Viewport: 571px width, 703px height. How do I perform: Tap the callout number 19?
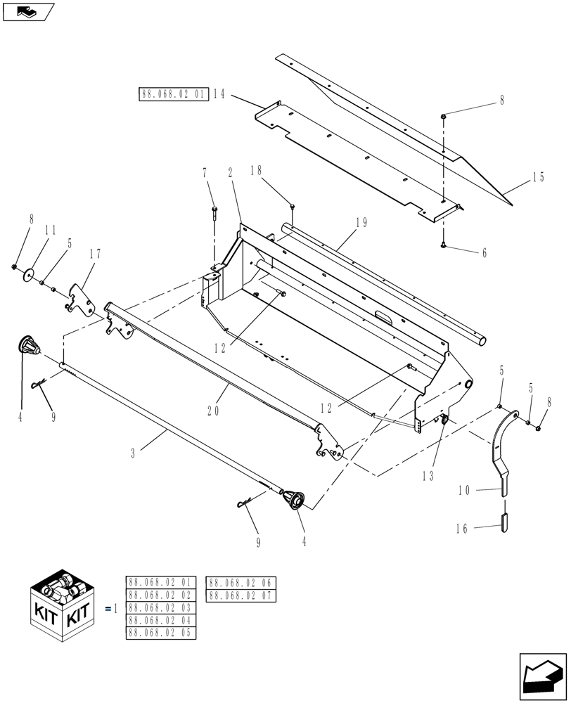click(361, 223)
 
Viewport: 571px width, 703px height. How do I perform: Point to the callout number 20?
click(214, 412)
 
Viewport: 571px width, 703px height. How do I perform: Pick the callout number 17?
click(96, 254)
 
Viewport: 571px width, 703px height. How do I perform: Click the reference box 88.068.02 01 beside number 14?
click(174, 94)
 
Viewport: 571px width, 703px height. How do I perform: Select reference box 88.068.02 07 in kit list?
click(241, 596)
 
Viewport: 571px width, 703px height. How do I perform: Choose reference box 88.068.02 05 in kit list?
click(161, 633)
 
